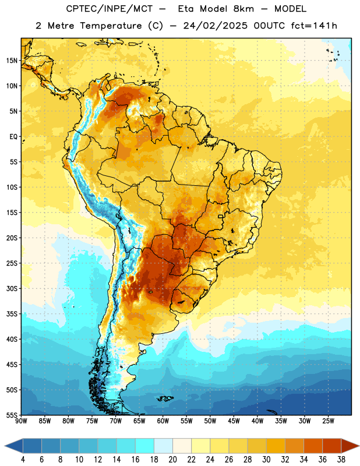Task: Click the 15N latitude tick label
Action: pyautogui.click(x=12, y=61)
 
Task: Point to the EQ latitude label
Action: pyautogui.click(x=13, y=137)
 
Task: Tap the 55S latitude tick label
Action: pyautogui.click(x=12, y=415)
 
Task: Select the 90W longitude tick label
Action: pyautogui.click(x=21, y=421)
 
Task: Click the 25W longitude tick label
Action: pyautogui.click(x=328, y=421)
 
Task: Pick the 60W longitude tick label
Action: pyautogui.click(x=163, y=421)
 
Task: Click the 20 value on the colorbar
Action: pyautogui.click(x=172, y=460)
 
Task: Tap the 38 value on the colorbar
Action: pyautogui.click(x=341, y=460)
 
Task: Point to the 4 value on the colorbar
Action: pyautogui.click(x=23, y=460)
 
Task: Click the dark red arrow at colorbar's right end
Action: pyautogui.click(x=350, y=446)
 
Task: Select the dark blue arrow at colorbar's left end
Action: pyautogui.click(x=14, y=446)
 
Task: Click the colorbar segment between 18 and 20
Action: pyautogui.click(x=163, y=446)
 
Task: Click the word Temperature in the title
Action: pyautogui.click(x=111, y=26)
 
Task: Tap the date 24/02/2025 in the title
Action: pyautogui.click(x=215, y=26)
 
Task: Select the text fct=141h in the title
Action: pyautogui.click(x=314, y=26)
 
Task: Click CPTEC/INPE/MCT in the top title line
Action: pyautogui.click(x=110, y=9)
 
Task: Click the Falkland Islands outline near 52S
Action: pyautogui.click(x=165, y=398)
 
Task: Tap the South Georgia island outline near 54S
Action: pyautogui.click(x=272, y=412)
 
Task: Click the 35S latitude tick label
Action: pyautogui.click(x=12, y=314)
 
